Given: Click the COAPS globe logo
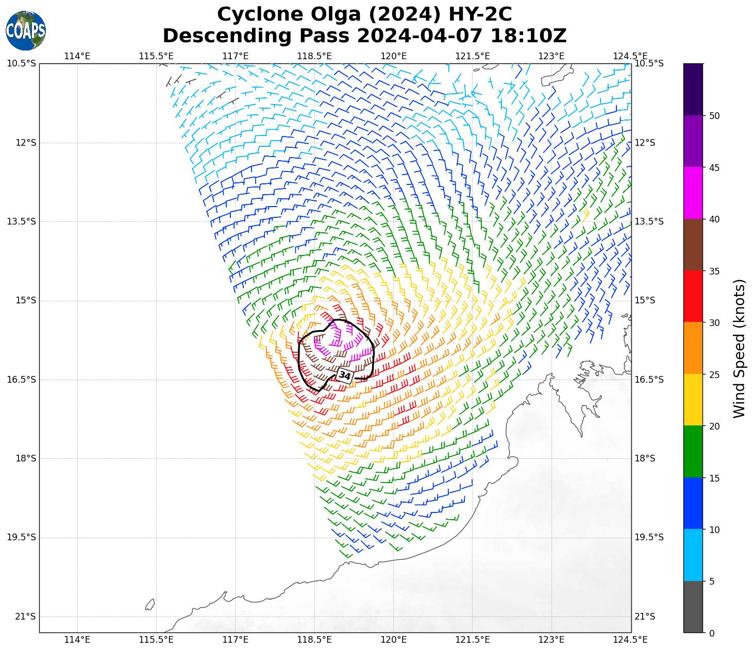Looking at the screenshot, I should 25,30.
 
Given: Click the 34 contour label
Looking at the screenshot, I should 345,375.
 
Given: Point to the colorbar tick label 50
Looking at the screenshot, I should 714,116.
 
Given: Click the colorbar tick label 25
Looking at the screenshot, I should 714,374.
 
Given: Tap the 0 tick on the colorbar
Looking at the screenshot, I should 712,633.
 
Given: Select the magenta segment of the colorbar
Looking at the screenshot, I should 693,193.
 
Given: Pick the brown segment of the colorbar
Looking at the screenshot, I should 693,245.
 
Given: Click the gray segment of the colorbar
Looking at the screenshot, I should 693,607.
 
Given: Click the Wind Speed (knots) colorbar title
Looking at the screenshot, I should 739,348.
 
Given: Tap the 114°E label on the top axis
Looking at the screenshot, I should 77,56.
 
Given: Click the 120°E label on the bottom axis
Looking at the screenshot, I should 394,640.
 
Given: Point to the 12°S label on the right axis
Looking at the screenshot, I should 645,143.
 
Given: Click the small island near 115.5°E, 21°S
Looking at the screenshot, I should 150,604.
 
